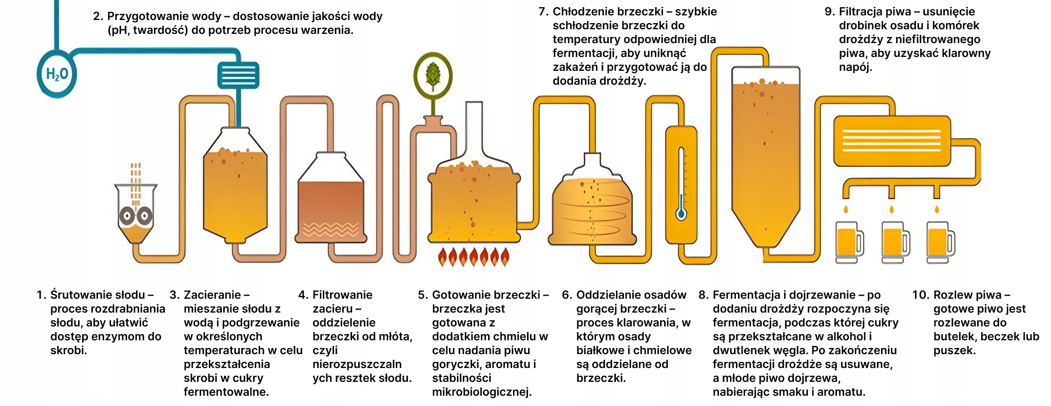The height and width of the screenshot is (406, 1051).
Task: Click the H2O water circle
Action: [56, 74]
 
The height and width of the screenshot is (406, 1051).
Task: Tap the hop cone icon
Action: [433, 75]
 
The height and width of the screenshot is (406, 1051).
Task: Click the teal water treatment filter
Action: [238, 75]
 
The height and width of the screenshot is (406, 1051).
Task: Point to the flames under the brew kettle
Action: [473, 256]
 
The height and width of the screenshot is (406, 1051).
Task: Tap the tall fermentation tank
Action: [765, 154]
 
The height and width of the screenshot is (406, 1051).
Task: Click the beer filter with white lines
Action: [892, 133]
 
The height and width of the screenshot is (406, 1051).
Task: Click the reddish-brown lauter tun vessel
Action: [331, 205]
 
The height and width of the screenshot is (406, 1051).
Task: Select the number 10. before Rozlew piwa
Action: [921, 295]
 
